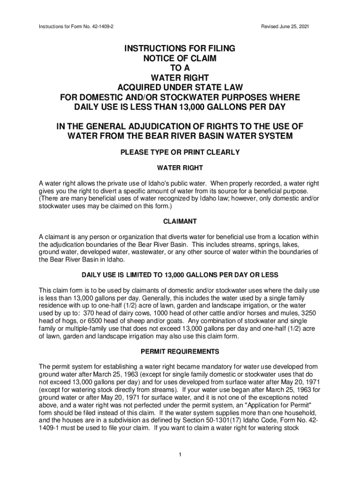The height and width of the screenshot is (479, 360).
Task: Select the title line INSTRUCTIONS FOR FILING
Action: click(x=180, y=49)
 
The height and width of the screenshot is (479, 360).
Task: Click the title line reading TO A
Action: click(x=180, y=67)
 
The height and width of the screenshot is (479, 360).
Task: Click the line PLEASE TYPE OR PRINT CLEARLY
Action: click(x=180, y=152)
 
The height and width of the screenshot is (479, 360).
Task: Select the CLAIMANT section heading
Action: click(x=180, y=221)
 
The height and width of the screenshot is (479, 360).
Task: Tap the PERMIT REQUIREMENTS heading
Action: click(x=180, y=351)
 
